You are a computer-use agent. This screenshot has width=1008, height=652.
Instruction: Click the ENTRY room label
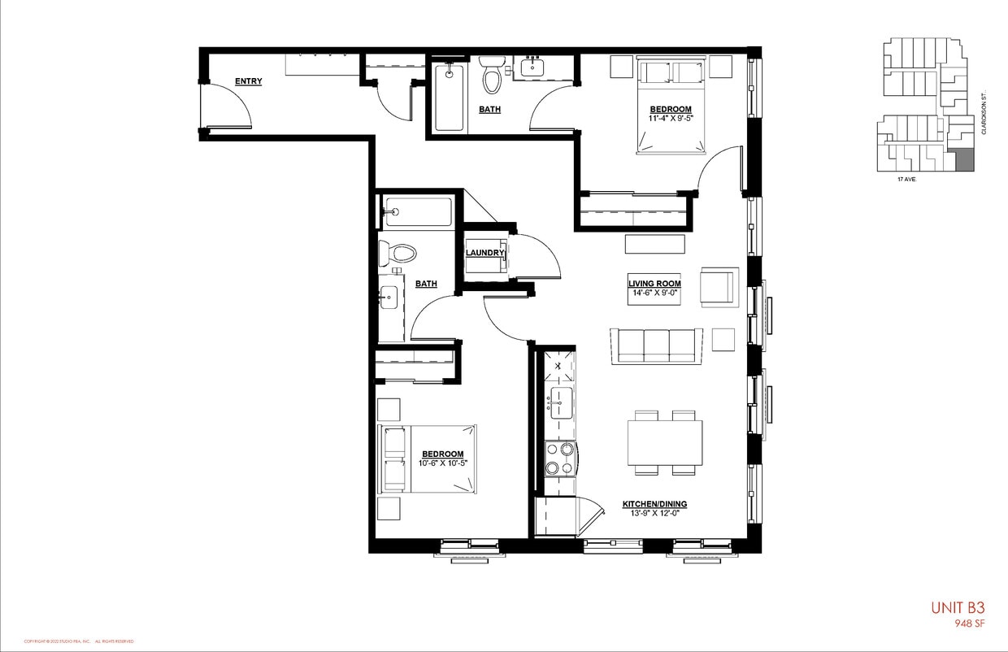248,81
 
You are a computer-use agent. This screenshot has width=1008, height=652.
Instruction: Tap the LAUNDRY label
485,253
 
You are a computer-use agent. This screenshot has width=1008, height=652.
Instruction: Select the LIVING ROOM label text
654,284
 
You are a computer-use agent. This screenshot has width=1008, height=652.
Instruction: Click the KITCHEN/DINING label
654,503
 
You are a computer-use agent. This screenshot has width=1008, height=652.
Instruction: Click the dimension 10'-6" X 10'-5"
443,463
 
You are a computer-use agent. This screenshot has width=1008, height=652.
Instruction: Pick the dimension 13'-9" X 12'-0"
654,513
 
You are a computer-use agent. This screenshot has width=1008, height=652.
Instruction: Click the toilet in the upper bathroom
491,76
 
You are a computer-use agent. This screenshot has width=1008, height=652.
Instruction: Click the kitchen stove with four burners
559,458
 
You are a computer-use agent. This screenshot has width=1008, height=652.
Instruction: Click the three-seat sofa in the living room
657,345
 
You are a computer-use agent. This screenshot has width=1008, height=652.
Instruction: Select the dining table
664,442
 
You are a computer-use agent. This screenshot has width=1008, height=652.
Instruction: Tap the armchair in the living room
719,286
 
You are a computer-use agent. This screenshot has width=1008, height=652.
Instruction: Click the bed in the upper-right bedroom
671,106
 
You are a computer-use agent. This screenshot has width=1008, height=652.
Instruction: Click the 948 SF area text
969,624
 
